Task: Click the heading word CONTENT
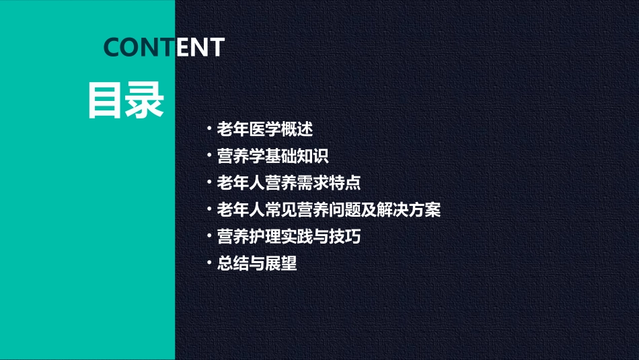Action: (x=163, y=47)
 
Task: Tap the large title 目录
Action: (x=126, y=101)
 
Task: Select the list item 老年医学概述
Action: (x=265, y=129)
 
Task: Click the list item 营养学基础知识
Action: (x=272, y=156)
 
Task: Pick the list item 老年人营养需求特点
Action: (x=289, y=183)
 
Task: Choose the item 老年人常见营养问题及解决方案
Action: (x=328, y=210)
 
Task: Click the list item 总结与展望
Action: (x=257, y=264)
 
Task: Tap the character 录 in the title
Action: (x=145, y=101)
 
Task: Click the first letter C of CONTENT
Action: (x=112, y=47)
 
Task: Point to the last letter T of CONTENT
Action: (x=216, y=47)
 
